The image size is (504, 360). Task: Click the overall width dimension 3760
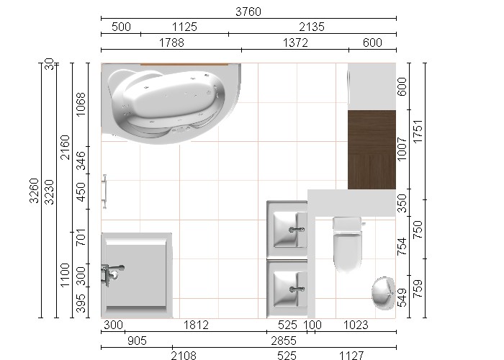(248, 12)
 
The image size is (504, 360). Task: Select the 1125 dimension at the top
(184, 27)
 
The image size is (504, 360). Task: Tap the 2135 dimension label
(312, 27)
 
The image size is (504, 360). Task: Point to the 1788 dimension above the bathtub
(171, 42)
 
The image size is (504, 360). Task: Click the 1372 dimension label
(295, 42)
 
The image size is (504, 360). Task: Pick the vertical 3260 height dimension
(34, 191)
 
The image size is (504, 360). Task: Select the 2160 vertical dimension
(65, 147)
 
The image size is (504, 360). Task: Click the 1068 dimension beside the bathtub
(81, 104)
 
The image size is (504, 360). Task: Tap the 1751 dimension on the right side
(418, 132)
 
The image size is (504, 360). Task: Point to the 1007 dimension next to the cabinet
(402, 149)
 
